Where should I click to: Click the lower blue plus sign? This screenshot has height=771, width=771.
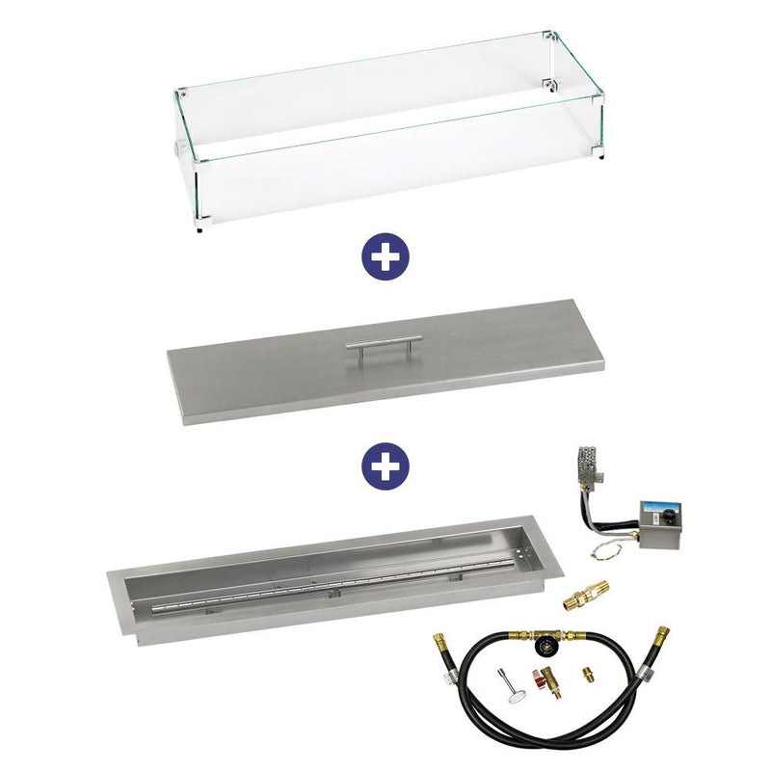tap(385, 465)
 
